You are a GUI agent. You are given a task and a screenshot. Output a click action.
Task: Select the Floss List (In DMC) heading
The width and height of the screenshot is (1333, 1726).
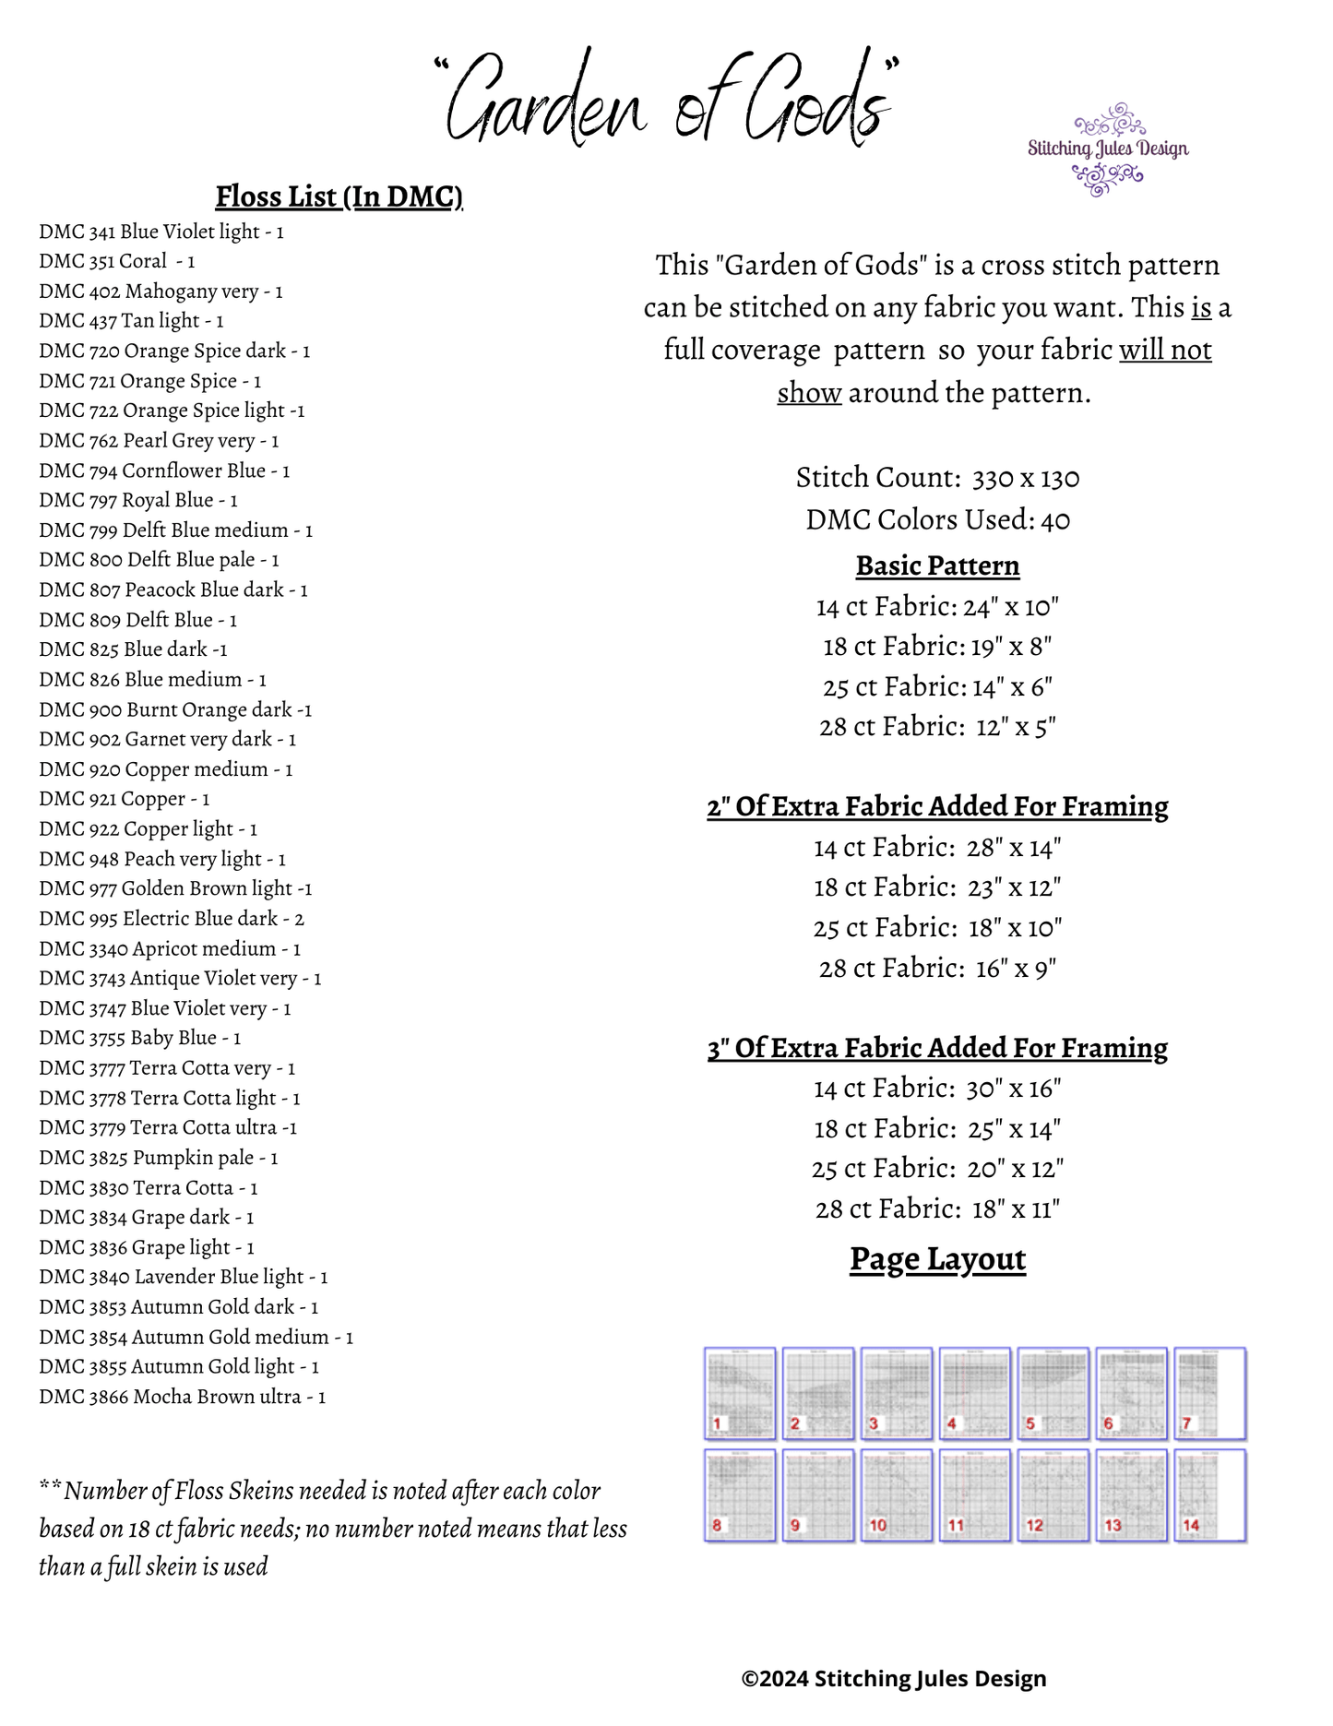coord(339,196)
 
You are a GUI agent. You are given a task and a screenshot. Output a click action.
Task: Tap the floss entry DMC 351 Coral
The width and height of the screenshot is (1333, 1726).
coord(116,261)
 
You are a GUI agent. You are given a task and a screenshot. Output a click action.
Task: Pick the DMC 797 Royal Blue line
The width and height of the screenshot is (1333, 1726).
coord(138,500)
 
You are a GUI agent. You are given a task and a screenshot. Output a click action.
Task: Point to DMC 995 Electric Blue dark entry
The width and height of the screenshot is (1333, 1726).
coord(172,919)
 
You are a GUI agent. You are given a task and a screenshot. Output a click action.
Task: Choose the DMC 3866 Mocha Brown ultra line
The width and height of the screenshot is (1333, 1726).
coord(182,1397)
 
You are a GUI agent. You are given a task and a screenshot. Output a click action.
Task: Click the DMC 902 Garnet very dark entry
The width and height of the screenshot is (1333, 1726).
coord(167,739)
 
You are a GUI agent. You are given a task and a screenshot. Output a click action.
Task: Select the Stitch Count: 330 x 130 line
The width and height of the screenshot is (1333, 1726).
coord(937,478)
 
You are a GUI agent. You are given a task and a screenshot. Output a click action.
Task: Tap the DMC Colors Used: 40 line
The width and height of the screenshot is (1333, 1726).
coord(937,520)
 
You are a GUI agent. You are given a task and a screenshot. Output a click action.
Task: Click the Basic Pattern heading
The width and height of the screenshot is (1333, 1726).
coord(937,565)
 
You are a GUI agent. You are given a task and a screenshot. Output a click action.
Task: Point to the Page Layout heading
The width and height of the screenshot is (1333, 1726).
coord(937,1259)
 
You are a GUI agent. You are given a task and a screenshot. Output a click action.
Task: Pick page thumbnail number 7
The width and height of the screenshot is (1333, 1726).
coord(1209,1393)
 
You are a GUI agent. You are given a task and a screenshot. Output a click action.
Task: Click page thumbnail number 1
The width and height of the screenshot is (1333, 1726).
coord(740,1393)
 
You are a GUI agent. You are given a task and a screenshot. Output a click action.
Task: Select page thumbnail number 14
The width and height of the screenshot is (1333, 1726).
coord(1209,1494)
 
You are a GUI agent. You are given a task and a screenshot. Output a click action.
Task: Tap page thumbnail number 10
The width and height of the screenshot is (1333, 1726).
coord(896,1494)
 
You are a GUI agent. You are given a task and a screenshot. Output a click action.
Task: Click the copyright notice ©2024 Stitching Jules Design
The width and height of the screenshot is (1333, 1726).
coord(893,1678)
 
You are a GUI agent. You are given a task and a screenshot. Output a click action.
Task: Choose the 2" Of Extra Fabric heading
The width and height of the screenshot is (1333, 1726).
coord(937,806)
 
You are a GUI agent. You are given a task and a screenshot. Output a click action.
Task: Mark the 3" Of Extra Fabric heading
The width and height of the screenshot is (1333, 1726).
coord(937,1048)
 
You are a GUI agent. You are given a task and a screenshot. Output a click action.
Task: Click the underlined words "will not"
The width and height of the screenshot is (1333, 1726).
coord(1165,351)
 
